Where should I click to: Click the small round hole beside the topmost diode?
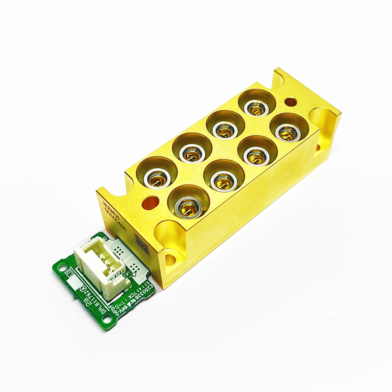(x=291, y=101)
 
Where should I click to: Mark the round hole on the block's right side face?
(x=318, y=147)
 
